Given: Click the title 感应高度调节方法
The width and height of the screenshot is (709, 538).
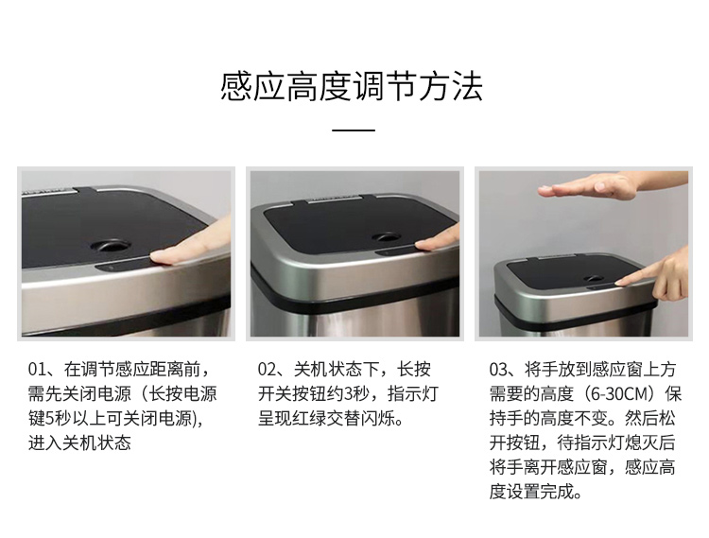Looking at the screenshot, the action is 352,86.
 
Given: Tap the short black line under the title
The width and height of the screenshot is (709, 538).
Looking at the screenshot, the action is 354,130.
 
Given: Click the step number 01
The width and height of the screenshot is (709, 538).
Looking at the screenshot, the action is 36,370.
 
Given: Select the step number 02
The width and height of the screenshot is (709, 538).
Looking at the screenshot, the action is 266,370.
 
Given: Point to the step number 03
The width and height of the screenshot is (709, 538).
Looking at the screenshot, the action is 497,370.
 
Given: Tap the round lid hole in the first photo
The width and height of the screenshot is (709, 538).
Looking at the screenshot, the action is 111,246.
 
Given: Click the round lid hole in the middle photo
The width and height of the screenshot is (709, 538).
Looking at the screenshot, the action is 387,237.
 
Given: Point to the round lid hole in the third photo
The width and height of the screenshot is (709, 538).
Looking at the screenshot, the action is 593,279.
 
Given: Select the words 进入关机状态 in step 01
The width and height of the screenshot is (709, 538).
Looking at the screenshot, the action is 79,443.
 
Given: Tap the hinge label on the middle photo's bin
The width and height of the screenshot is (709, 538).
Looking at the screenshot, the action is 334,198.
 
